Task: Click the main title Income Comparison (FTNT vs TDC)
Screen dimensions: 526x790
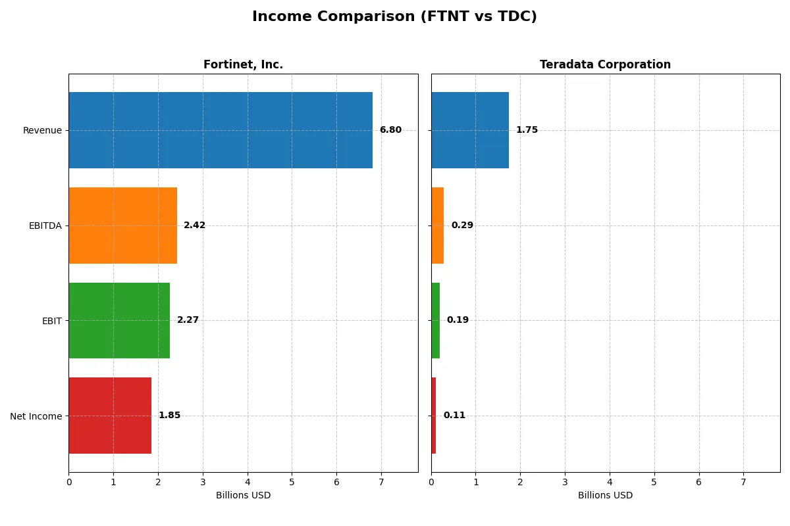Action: coord(394,17)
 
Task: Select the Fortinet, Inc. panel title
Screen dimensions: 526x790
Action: coord(243,64)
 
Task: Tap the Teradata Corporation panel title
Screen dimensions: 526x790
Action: coord(605,64)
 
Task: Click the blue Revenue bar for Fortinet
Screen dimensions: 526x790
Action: coord(221,130)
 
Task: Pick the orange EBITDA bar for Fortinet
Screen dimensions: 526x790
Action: coord(122,226)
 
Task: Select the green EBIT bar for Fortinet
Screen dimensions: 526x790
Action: coord(119,320)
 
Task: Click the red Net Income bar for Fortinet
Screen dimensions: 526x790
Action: coord(110,416)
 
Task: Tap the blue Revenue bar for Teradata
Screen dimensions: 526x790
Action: coord(470,130)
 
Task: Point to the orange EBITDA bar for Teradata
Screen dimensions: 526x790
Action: coord(438,226)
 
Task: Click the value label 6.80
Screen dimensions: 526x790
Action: coord(390,130)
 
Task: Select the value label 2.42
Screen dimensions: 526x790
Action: coord(194,226)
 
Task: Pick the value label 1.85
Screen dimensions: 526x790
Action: coord(169,416)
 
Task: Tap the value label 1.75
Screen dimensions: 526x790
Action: coord(527,130)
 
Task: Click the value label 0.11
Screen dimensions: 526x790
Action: coord(454,416)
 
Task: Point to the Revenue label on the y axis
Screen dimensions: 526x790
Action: coord(42,130)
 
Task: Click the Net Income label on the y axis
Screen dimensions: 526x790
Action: coord(36,416)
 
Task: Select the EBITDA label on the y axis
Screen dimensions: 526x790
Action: coord(45,226)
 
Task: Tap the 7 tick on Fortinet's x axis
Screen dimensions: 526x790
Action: coord(381,483)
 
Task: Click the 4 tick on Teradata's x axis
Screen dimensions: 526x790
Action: coord(610,483)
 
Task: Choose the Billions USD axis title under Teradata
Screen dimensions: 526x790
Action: coord(605,495)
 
